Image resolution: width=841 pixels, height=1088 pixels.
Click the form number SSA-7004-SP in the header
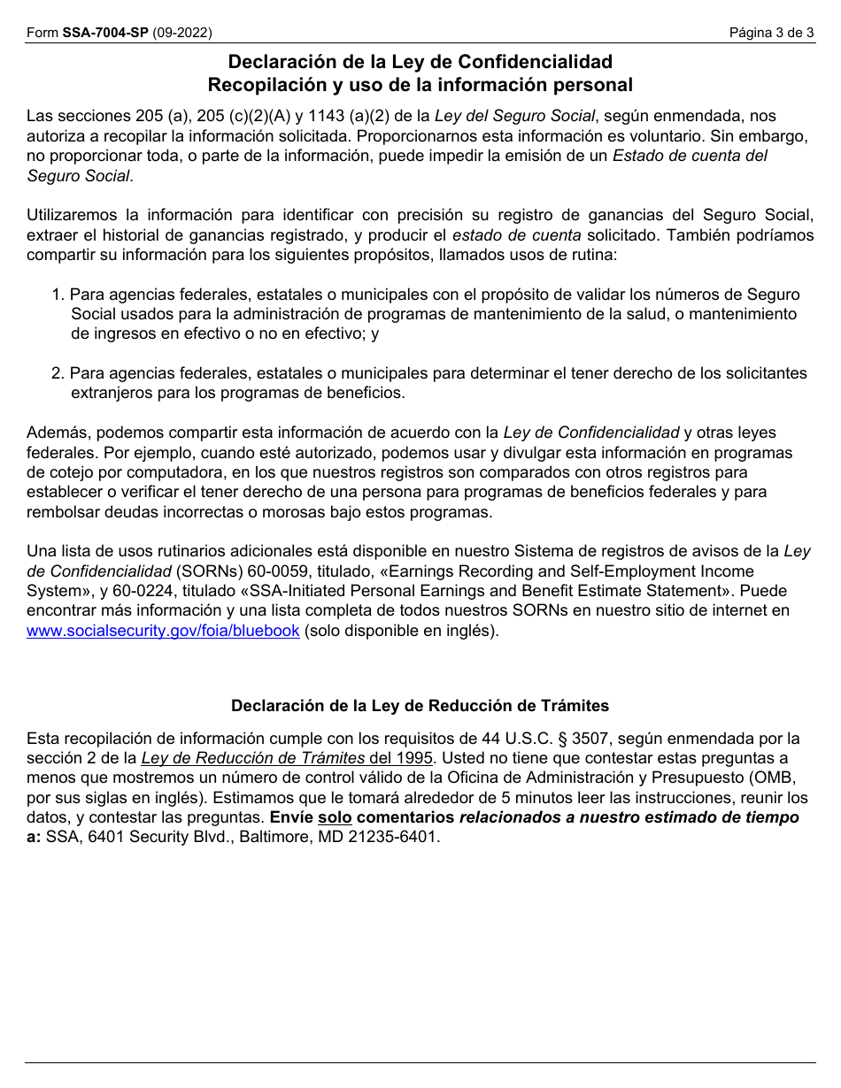pyautogui.click(x=104, y=34)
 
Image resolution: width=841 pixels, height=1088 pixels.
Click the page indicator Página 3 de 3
pyautogui.click(x=771, y=34)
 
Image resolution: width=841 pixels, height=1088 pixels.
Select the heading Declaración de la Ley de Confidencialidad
pyautogui.click(x=420, y=62)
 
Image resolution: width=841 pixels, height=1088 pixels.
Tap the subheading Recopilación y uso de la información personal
pyautogui.click(x=420, y=85)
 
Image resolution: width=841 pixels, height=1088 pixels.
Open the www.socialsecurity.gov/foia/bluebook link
pyautogui.click(x=163, y=631)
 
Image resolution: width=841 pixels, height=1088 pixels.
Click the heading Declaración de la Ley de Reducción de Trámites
pyautogui.click(x=420, y=706)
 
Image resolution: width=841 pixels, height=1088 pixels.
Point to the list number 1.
pyautogui.click(x=58, y=295)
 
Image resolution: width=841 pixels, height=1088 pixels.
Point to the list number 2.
pyautogui.click(x=58, y=373)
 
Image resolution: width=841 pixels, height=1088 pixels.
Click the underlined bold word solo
pyautogui.click(x=335, y=817)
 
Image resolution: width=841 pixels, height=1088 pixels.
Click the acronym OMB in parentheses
pyautogui.click(x=765, y=778)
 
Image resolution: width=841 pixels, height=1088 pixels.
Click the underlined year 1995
pyautogui.click(x=414, y=758)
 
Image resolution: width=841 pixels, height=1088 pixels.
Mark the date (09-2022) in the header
pyautogui.click(x=182, y=34)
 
